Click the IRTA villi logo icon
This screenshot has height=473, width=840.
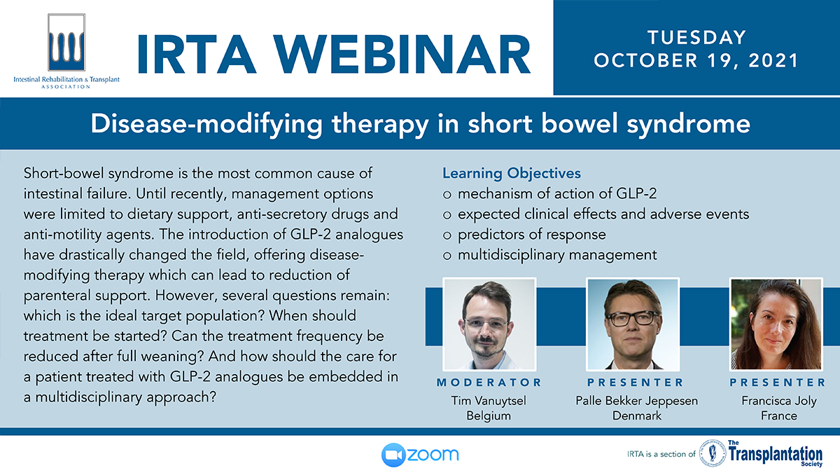coord(66,43)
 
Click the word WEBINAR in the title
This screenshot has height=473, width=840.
coord(402,55)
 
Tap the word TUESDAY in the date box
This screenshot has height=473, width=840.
coord(696,38)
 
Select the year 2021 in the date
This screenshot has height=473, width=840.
coord(773,61)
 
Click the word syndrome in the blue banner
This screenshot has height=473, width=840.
coord(689,125)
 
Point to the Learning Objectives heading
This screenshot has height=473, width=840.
coord(512,174)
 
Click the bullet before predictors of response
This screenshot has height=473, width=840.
coord(447,235)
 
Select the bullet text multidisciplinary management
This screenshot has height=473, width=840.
coord(557,255)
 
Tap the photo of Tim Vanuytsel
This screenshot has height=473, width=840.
coord(489,324)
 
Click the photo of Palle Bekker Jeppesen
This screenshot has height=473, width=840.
coord(633,324)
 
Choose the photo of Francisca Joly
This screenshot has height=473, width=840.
coord(776,324)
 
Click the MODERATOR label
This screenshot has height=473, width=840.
coord(489,383)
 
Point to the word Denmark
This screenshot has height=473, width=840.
coord(637,416)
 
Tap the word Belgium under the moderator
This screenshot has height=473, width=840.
coord(489,416)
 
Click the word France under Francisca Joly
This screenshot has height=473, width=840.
coord(779,416)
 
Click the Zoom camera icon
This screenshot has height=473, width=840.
coord(393,455)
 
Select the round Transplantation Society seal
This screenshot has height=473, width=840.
coord(713,453)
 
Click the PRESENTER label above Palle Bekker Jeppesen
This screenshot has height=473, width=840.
coord(636,383)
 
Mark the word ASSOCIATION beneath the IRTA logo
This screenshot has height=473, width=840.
coord(66,87)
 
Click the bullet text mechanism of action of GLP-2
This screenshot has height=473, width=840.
coord(557,193)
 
